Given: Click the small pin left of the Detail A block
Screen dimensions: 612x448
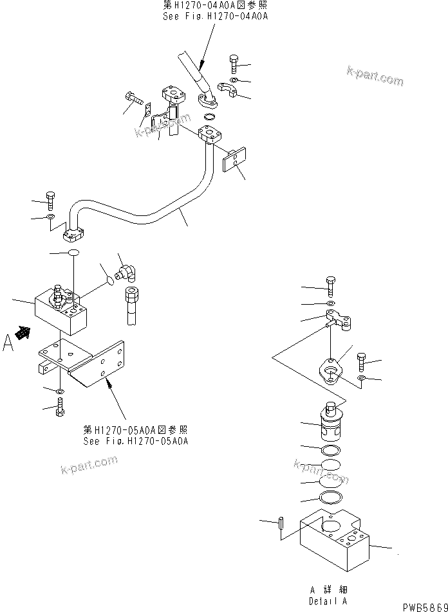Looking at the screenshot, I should (x=281, y=522).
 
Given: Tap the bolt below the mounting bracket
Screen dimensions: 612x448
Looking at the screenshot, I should (x=60, y=406).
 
